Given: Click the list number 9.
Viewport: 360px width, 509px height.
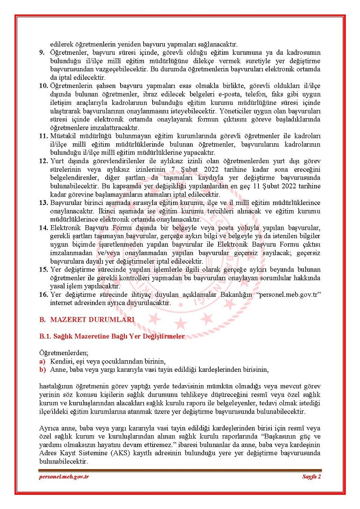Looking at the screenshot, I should tap(42, 53).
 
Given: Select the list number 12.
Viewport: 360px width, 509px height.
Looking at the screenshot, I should tap(43, 161).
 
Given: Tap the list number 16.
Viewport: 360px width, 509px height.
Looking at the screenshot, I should tap(43, 295).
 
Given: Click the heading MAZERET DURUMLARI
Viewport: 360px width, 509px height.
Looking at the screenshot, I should tap(92, 320).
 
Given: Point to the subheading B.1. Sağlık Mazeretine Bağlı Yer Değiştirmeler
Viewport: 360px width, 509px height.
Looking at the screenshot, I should tap(112, 336).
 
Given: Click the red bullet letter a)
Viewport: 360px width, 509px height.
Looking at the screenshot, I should tap(42, 361).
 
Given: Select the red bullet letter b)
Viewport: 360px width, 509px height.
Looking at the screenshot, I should tap(42, 370).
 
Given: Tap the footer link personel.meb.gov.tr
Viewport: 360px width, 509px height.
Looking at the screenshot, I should tap(64, 477).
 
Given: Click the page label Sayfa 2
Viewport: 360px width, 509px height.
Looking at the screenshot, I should tap(311, 477).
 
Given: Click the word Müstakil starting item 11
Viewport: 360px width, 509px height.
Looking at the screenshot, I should tap(63, 136).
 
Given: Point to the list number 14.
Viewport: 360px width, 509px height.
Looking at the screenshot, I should tap(43, 228).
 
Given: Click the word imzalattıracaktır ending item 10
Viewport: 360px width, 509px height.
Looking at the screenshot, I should tap(95, 128).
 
